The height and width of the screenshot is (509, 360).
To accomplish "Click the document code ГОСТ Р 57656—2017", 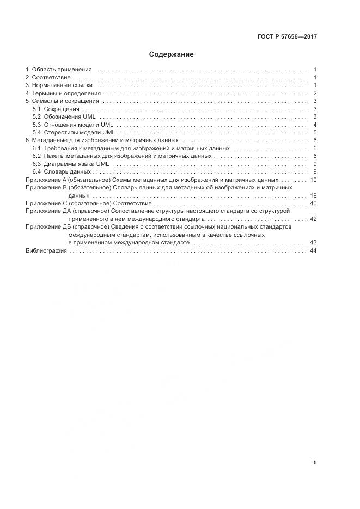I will pyautogui.click(x=287, y=37).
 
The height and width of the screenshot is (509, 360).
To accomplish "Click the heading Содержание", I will pyautogui.click(x=171, y=54).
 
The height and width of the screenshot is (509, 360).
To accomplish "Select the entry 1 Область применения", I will pyautogui.click(x=59, y=70).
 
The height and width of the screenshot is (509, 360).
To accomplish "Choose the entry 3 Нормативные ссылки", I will pyautogui.click(x=59, y=85).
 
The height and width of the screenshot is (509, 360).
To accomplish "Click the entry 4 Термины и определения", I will pyautogui.click(x=63, y=93).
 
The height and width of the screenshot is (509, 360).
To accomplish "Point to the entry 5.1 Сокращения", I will pyautogui.click(x=56, y=109).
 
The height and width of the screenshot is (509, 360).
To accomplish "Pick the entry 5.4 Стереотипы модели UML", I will pyautogui.click(x=74, y=132).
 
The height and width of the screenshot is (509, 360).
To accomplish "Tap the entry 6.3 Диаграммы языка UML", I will pyautogui.click(x=71, y=164).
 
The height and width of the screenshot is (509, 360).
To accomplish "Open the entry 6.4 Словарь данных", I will pyautogui.click(x=61, y=171).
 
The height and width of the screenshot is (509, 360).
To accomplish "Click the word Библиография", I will pyautogui.click(x=46, y=250).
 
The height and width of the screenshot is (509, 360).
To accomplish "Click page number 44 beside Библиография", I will pyautogui.click(x=313, y=250).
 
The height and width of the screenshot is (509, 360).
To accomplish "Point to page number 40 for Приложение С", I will pyautogui.click(x=313, y=203).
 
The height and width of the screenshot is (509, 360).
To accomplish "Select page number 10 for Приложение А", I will pyautogui.click(x=313, y=180).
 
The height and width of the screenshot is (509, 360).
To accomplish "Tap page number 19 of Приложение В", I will pyautogui.click(x=313, y=195).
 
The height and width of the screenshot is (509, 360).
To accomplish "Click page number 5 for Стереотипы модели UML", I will pyautogui.click(x=315, y=132).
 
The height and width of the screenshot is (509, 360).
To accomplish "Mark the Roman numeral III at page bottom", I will pyautogui.click(x=314, y=463).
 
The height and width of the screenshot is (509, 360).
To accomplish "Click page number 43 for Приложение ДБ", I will pyautogui.click(x=313, y=242).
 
